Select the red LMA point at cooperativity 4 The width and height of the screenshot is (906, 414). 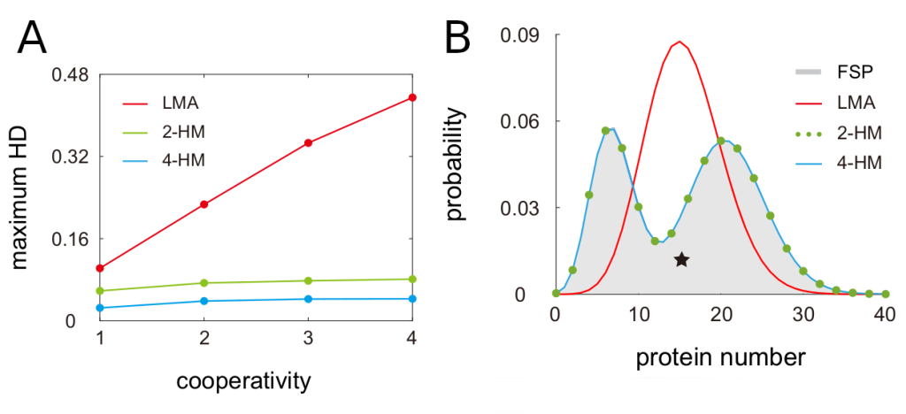pyautogui.click(x=412, y=97)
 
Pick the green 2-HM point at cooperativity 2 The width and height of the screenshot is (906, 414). pyautogui.click(x=204, y=283)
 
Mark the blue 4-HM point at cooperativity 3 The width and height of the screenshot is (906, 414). pyautogui.click(x=308, y=299)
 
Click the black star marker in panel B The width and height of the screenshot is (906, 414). pyautogui.click(x=681, y=259)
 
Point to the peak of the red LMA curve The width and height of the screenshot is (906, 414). pyautogui.click(x=679, y=41)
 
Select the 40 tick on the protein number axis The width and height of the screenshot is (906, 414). pyautogui.click(x=885, y=315)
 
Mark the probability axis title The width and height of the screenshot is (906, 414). pyautogui.click(x=457, y=165)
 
